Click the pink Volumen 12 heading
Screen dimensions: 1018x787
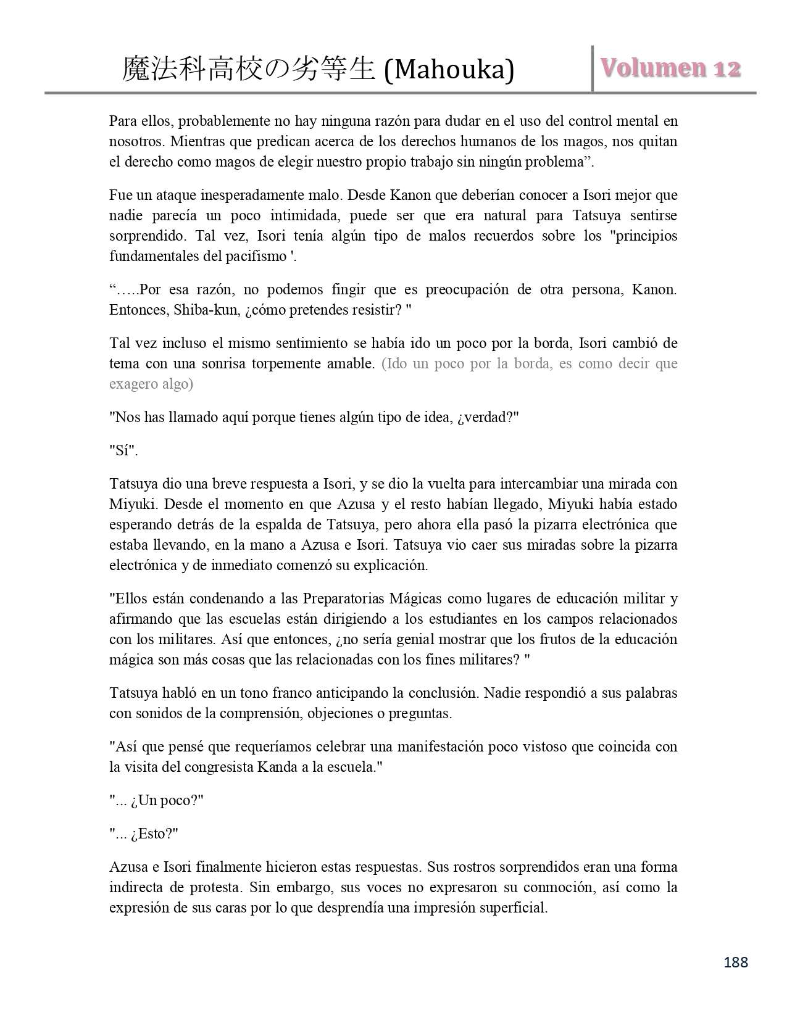670,68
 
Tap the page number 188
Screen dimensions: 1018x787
735,962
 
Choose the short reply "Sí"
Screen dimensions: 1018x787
123,450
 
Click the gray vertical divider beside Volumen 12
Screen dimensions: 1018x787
593,68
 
